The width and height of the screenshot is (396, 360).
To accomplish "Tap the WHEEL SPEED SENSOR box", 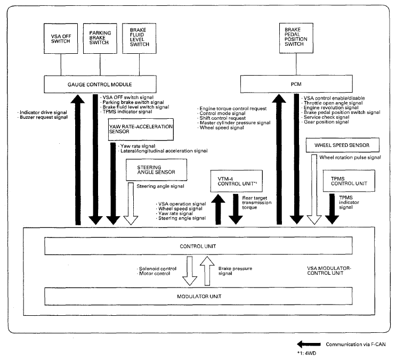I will [x=343, y=144].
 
